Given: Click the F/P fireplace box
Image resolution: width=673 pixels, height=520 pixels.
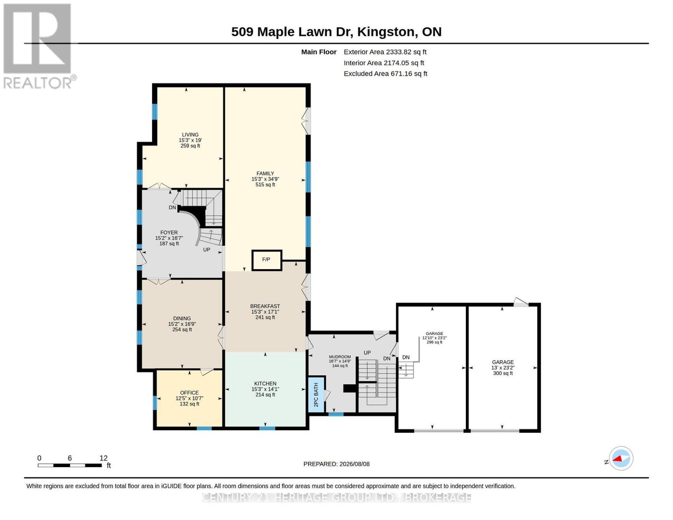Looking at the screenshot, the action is tap(267, 260).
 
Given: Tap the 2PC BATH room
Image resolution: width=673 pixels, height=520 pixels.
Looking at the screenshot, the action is tap(316, 394).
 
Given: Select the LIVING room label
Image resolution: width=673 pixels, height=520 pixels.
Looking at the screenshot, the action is tap(190, 135).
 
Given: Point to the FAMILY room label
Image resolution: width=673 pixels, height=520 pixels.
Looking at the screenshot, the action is tap(265, 173).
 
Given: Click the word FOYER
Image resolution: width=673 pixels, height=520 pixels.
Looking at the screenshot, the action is tap(169, 233).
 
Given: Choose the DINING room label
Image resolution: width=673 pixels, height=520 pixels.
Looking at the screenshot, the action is tap(182, 318).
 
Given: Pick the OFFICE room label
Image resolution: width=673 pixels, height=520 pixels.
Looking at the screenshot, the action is tap(189, 393).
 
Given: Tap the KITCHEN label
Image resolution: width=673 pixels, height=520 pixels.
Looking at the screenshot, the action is tap(265, 383).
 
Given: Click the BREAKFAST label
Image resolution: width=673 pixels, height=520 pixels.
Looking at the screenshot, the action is tap(265, 306).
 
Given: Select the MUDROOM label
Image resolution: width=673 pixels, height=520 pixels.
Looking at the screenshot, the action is tap(340, 357).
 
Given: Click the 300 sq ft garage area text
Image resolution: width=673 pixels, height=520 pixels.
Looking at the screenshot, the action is tap(503, 374).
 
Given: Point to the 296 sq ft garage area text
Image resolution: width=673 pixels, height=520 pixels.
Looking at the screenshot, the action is tap(434, 342).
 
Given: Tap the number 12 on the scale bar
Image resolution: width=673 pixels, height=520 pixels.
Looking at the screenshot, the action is tap(104, 458).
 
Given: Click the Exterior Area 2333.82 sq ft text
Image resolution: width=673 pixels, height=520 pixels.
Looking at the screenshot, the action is tap(385, 52).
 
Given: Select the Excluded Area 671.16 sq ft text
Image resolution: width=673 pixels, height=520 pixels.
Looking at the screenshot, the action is tap(385, 74).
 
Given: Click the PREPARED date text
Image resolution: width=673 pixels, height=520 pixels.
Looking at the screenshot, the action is tap(336, 464).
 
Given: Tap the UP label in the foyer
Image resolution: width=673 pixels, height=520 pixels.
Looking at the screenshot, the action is tap(207, 250).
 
